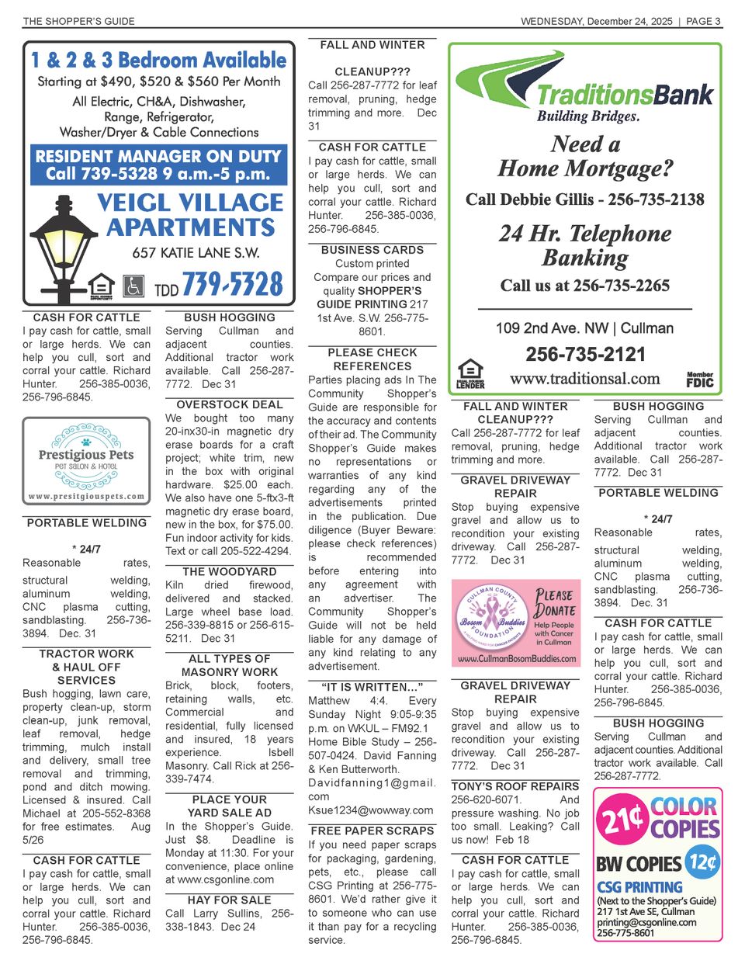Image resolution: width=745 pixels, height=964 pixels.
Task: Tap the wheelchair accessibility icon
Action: click(133, 285)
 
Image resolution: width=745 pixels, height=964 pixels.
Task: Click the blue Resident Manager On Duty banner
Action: click(158, 165)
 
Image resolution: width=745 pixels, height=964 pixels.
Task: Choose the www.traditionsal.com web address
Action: click(584, 379)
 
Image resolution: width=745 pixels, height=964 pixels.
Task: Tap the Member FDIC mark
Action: click(699, 380)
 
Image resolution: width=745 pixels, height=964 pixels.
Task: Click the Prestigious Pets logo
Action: click(86, 459)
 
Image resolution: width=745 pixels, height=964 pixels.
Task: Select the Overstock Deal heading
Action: click(230, 404)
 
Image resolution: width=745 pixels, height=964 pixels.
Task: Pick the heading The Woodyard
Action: click(230, 571)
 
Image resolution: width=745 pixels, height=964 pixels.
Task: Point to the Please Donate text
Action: click(554, 602)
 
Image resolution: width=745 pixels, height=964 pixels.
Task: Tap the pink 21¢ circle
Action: click(621, 818)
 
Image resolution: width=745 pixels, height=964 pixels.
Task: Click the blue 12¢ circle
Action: click(702, 862)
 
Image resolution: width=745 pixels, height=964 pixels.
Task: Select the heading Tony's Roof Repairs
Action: click(515, 786)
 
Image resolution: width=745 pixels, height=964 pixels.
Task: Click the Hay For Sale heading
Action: click(230, 900)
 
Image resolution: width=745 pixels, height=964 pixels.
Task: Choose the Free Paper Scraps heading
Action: click(372, 830)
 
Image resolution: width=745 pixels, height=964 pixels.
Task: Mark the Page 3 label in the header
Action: click(703, 21)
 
